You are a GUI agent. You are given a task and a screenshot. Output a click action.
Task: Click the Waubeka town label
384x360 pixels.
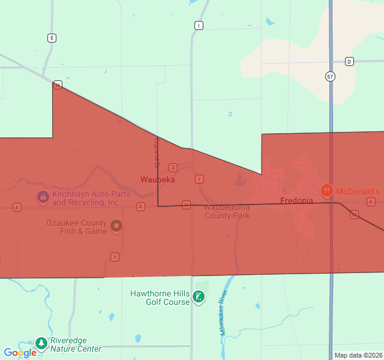(158, 179)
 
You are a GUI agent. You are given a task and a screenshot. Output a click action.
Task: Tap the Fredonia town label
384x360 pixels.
(296, 200)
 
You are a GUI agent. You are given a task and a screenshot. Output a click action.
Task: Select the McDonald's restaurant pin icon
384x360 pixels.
(327, 191)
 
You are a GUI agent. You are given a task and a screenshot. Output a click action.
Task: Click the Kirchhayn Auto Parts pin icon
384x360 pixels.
(43, 197)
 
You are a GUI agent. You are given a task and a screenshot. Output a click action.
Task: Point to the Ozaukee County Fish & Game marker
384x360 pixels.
(116, 226)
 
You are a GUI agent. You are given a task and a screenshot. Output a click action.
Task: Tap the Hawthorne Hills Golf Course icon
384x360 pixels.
(198, 296)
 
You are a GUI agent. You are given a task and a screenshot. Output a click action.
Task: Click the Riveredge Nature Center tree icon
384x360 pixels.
(41, 343)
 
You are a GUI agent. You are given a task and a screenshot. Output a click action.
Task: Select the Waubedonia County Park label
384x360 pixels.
(227, 211)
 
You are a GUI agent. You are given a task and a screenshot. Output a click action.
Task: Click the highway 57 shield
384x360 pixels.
(331, 76)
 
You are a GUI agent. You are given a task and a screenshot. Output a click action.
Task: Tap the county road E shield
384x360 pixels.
(52, 38)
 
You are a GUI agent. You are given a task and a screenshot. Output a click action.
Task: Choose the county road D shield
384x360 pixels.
(350, 61)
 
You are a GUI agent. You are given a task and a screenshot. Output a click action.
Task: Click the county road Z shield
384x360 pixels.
(173, 167)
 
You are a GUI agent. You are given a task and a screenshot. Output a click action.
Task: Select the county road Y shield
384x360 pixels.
(115, 257)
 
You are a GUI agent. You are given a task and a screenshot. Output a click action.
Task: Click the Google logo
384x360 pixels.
(20, 353)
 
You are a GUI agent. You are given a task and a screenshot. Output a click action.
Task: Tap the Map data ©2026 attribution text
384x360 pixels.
(358, 355)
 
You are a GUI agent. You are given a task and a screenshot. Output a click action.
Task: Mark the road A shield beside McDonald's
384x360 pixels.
(371, 202)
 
